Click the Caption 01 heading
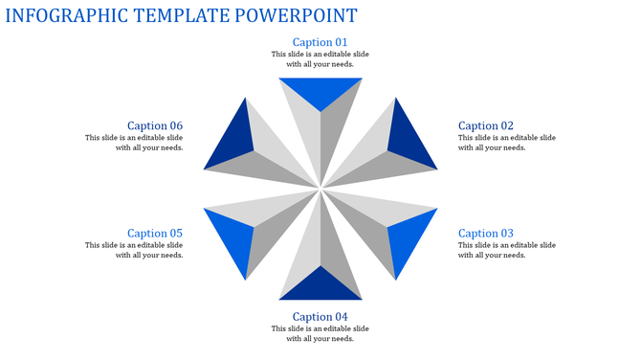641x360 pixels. [320, 42]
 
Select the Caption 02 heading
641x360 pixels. [486, 125]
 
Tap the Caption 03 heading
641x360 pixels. [486, 234]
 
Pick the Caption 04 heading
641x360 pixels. [320, 317]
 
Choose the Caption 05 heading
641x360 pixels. [154, 234]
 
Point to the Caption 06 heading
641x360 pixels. [154, 125]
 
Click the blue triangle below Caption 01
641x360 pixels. [320, 91]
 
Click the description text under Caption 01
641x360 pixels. [320, 59]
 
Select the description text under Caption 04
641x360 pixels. [320, 333]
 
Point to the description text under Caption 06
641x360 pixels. [134, 143]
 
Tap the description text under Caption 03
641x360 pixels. [506, 250]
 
